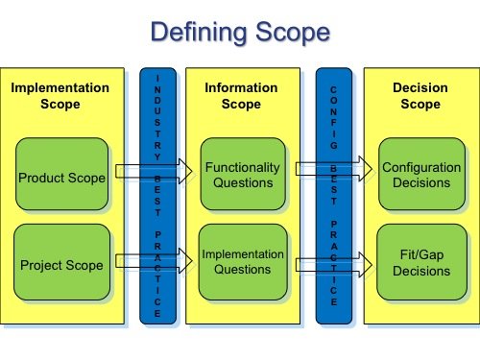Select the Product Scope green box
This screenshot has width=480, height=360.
pos(61,177)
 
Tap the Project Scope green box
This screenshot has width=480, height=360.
pos(61,265)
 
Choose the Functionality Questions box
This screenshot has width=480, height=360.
pos(243,175)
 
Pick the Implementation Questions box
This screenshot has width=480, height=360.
pos(243,262)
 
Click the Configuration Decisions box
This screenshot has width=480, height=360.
pos(420,175)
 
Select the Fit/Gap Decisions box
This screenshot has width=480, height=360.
pos(420,262)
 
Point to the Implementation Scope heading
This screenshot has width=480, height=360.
pos(60,95)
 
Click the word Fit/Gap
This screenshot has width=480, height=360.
pos(420,254)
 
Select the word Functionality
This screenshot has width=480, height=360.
pos(243,167)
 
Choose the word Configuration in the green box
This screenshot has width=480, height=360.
pos(420,167)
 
